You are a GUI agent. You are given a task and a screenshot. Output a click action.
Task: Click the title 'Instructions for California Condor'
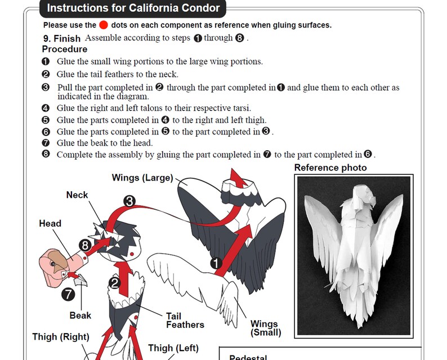point(133,8)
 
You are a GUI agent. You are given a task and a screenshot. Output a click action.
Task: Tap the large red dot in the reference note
point(104,25)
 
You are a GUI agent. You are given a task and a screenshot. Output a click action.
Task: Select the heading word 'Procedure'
point(64,49)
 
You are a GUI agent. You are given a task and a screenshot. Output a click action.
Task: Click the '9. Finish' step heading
point(62,38)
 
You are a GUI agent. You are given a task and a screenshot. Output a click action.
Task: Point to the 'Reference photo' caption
point(330,168)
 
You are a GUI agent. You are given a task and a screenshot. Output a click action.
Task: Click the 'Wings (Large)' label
point(142,178)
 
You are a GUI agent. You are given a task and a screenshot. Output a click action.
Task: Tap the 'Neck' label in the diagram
point(77,195)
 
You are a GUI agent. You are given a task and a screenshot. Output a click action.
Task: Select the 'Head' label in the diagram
point(50,223)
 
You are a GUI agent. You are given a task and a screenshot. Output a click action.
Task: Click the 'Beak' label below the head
point(81,315)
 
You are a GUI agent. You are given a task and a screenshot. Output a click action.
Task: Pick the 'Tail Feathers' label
point(185,320)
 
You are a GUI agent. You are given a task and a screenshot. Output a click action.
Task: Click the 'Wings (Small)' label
point(264,328)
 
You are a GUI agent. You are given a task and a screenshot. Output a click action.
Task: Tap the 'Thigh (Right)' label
point(60,337)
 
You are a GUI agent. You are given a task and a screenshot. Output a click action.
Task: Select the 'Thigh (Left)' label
point(173,348)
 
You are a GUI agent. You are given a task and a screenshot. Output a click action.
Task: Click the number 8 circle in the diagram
point(85,245)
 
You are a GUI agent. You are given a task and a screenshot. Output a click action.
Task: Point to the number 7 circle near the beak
point(68,294)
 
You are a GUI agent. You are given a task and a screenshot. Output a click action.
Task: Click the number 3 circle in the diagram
point(129,201)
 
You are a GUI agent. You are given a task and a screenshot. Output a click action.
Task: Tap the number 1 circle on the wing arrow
point(216,263)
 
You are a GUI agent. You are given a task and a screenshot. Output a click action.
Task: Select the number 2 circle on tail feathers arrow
point(115,283)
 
